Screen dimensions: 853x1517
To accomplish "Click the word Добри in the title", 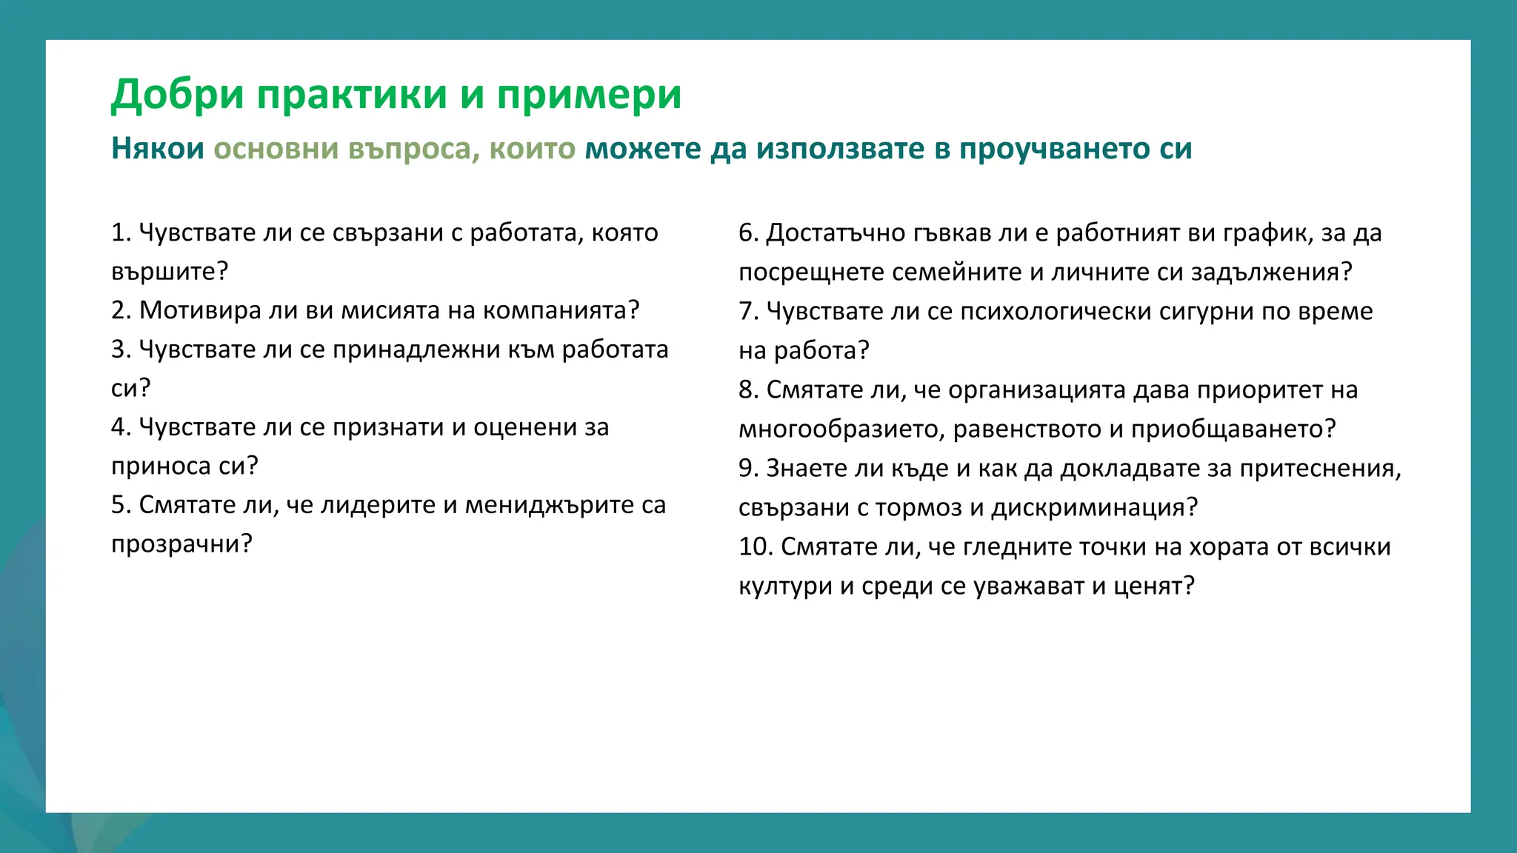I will point(177,95).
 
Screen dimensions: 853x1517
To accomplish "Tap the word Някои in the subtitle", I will point(157,149).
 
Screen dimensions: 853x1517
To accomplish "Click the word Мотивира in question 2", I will point(200,310).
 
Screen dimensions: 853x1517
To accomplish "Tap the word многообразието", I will point(841,429).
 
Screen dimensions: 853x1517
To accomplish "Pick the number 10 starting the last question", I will point(755,547).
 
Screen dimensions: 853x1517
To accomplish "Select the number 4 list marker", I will point(119,427).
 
